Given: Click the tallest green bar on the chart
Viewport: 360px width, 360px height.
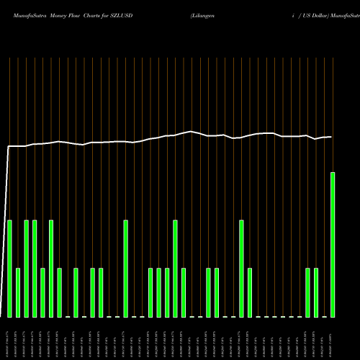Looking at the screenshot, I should point(333,245).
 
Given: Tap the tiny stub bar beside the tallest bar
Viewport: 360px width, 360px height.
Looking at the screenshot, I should point(324,316).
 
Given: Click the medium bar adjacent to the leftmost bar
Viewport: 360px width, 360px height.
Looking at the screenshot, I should point(18,292).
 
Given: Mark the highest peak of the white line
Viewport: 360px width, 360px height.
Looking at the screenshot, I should point(192,132).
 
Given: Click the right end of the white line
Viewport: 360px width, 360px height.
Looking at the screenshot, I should point(332,137).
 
